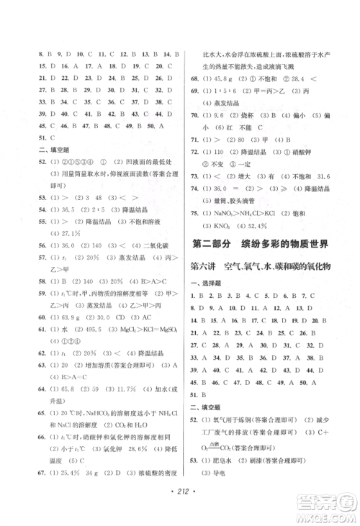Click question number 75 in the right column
click(x=194, y=214)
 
